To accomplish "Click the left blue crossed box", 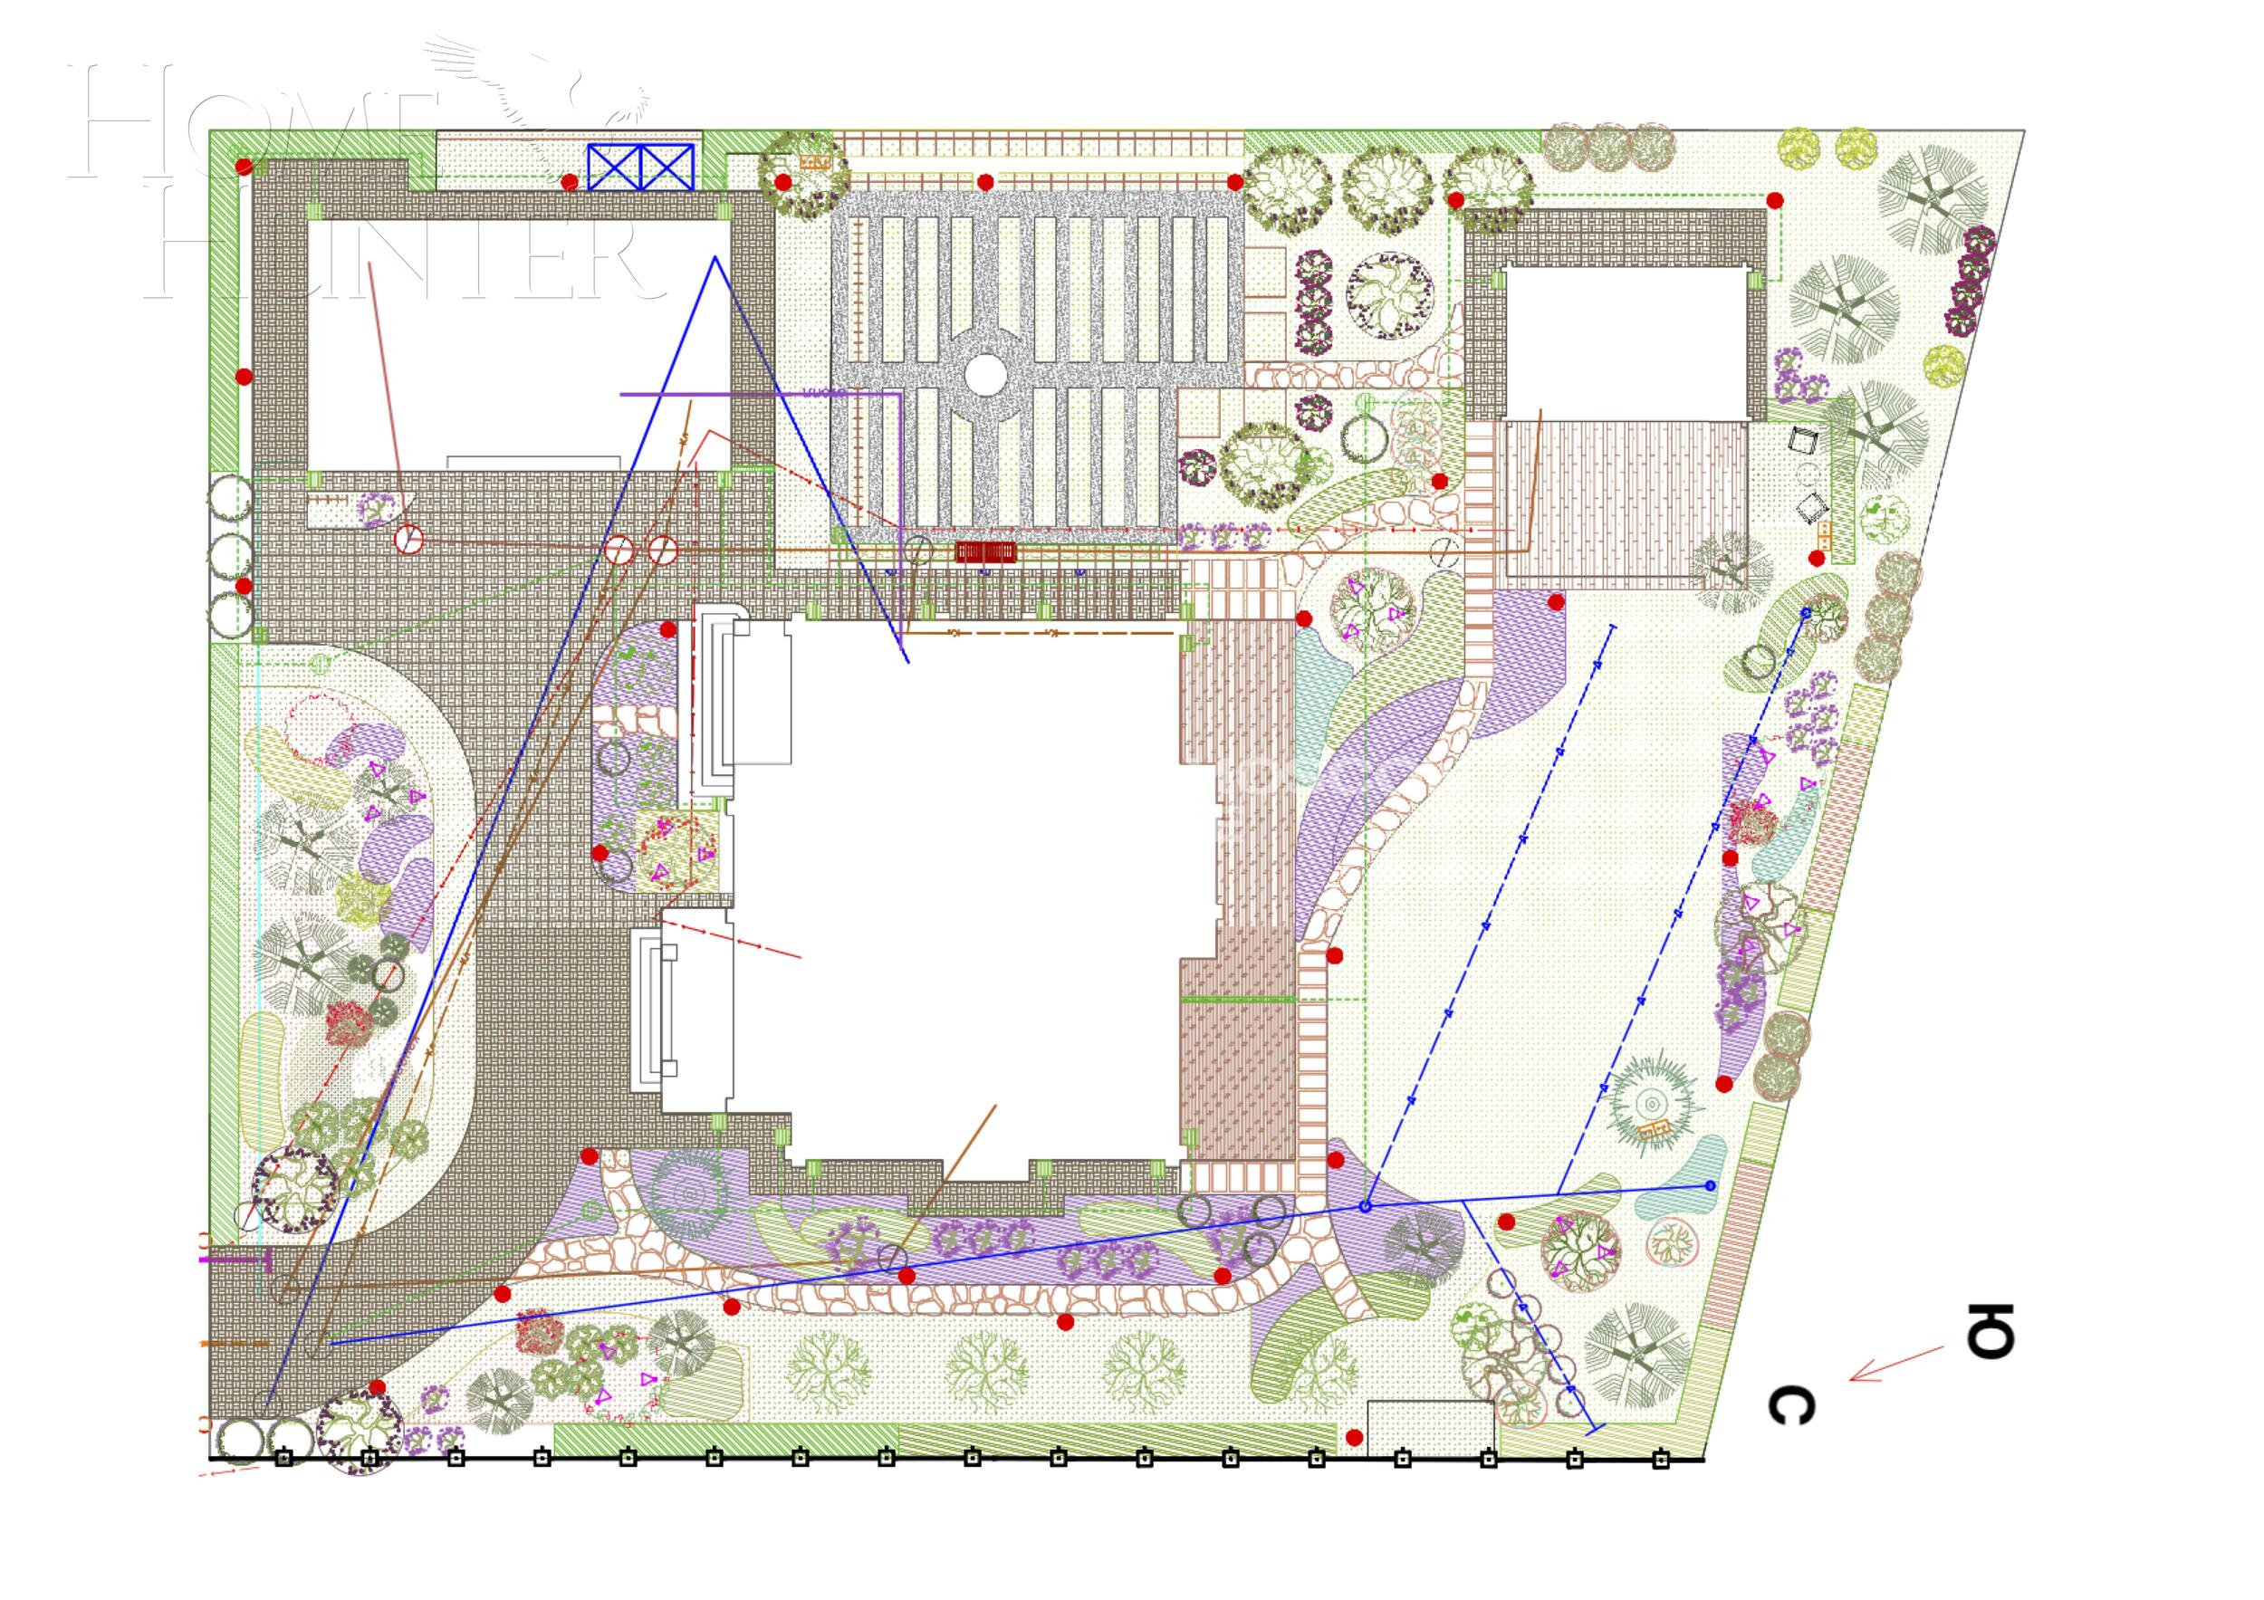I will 614,167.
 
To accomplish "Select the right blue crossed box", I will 667,167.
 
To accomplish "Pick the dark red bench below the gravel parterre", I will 985,551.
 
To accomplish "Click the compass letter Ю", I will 1989,1331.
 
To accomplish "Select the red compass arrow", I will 1895,1364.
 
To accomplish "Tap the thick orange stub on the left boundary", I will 235,1343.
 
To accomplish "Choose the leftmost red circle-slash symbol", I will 408,540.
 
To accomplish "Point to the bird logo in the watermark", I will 552,89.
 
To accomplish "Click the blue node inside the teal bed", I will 1710,1185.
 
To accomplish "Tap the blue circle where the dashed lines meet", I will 1366,1206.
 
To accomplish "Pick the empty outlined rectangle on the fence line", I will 1430,1425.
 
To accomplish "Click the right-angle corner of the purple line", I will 899,394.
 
